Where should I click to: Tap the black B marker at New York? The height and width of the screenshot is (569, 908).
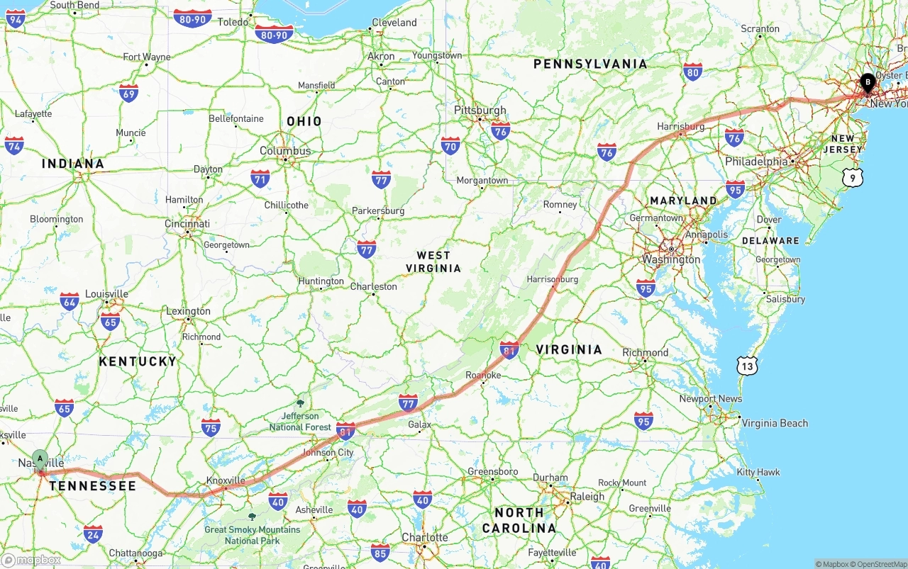coord(867,84)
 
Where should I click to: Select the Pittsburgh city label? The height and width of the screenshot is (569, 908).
coord(480,110)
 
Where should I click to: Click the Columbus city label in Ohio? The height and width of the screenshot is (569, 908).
coord(285,151)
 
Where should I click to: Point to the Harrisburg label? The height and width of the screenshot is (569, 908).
coord(680,126)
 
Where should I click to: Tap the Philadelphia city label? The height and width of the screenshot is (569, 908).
coord(756,162)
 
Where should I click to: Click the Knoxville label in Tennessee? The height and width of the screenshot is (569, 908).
coord(226,480)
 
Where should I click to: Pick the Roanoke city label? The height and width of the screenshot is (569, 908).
coord(483,375)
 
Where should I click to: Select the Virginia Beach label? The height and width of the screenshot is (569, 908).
coord(775,423)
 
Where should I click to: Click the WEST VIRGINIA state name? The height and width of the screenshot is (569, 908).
coord(433,261)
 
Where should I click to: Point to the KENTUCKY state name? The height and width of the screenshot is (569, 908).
coord(138,361)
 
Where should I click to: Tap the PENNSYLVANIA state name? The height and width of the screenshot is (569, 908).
coord(590,64)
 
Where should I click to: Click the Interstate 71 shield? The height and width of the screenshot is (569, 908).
coord(260,178)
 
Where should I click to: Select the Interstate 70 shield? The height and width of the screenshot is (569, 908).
coord(450,146)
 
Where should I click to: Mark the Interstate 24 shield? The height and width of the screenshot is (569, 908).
coord(93,534)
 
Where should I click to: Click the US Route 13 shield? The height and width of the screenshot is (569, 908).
coord(746,366)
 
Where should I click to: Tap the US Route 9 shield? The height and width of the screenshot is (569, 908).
coord(853,178)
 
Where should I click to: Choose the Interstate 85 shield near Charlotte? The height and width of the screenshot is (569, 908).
coord(381,552)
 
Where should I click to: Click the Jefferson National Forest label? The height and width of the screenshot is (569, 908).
coord(300,421)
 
